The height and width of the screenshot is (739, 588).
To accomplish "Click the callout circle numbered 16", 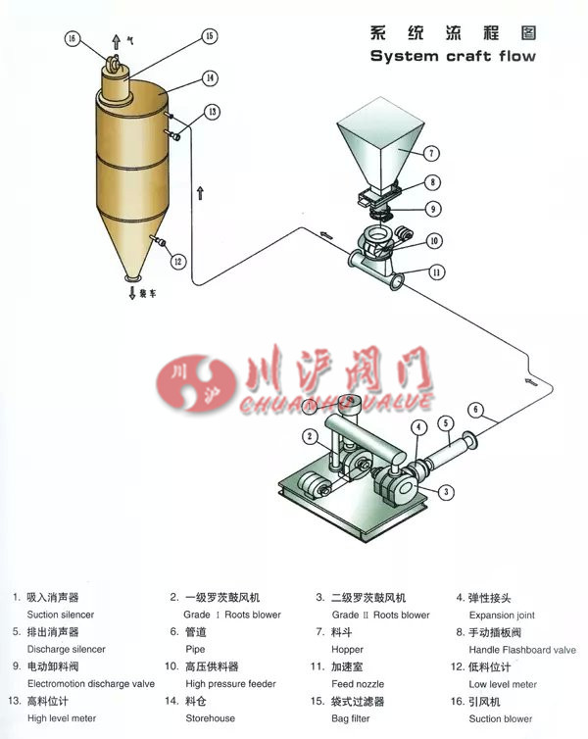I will coord(71,40).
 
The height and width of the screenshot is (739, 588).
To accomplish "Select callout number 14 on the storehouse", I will coord(210,77).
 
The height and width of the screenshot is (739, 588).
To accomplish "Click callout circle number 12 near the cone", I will coord(177,262).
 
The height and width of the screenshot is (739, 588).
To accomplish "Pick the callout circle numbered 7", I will coord(432,153).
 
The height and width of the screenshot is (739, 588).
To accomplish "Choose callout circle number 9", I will coord(432,208).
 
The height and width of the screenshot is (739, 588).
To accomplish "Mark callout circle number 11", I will coord(434,273).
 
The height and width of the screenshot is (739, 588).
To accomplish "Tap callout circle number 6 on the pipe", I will coord(475,409).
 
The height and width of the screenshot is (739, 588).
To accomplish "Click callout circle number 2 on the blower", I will coord(311,436).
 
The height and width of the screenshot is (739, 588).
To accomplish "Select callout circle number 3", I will coord(445,491).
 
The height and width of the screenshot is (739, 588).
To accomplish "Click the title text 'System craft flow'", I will coord(453,57).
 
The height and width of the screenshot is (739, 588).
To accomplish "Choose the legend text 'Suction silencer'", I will coord(61,615).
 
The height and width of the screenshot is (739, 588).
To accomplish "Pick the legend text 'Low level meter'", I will coord(503,683).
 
